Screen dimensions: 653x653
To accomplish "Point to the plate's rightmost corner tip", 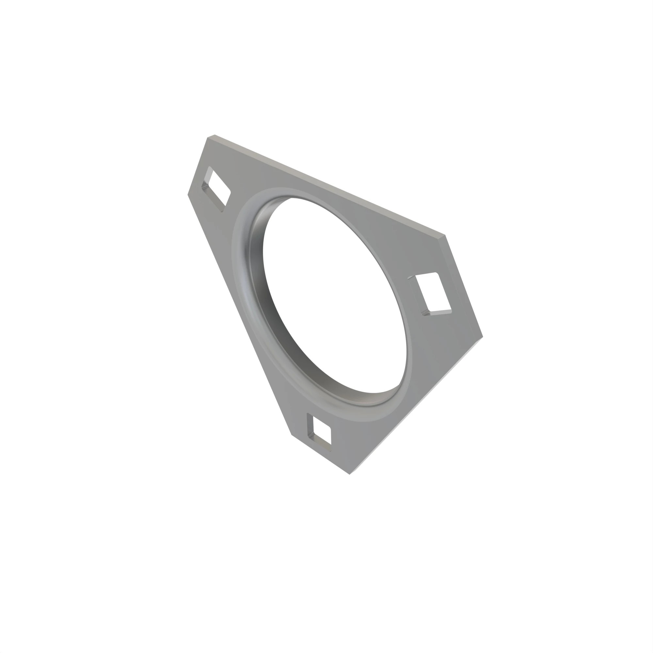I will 482,336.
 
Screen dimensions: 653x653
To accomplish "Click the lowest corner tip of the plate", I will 350,474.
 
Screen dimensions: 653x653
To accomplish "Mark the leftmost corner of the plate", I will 188,194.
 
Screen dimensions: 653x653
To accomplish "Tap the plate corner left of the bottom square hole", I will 291,434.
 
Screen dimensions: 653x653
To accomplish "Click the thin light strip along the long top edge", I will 329,184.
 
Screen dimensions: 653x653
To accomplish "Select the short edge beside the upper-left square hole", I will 198,166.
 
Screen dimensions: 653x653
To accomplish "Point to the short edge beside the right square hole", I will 464,286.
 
